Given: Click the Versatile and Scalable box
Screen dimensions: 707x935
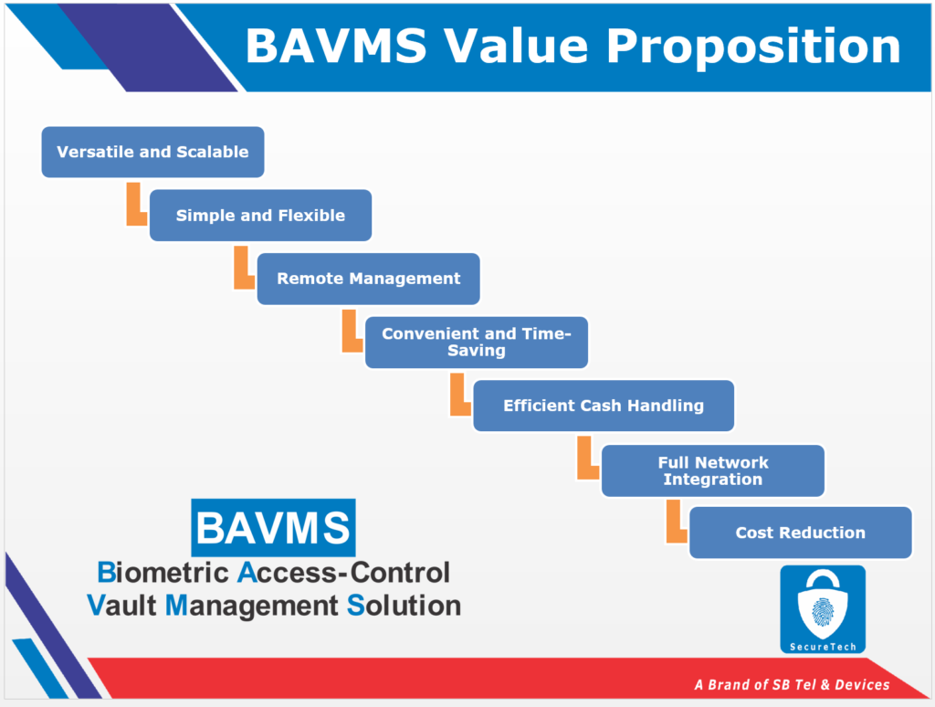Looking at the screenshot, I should click(152, 152).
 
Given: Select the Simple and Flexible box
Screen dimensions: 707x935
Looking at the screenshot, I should click(260, 216).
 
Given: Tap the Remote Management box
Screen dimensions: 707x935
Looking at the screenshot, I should click(368, 279).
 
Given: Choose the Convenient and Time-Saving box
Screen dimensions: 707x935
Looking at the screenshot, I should click(476, 342).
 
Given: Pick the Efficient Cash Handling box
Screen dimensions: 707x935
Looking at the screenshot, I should click(603, 406).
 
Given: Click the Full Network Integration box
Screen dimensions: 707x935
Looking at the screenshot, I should click(712, 470).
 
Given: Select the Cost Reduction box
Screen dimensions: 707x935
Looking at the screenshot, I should click(800, 533).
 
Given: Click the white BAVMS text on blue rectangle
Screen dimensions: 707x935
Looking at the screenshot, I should click(273, 528).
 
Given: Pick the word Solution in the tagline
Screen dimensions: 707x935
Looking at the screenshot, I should click(404, 605).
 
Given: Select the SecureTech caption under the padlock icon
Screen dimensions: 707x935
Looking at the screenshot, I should click(822, 647).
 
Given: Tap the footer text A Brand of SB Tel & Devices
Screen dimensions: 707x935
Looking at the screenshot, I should click(791, 684).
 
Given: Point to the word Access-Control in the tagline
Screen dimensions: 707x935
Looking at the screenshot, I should click(343, 573).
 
